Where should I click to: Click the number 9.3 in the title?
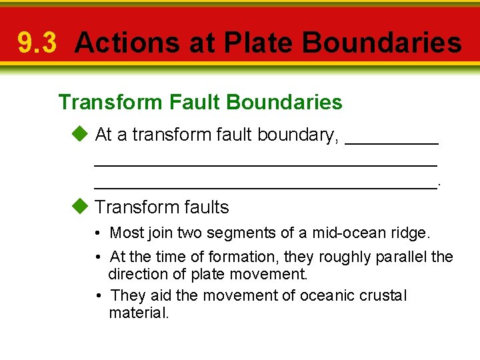[x=37, y=43]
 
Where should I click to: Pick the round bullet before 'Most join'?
[x=97, y=233]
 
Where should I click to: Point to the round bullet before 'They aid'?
[x=97, y=296]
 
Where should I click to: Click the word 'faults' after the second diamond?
[x=203, y=207]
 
